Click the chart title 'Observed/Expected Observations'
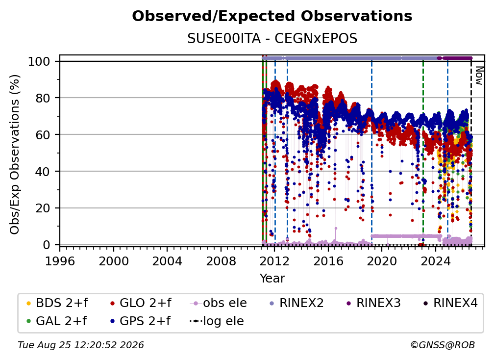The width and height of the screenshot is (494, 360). point(272,16)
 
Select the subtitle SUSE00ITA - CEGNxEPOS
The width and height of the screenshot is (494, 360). point(272,39)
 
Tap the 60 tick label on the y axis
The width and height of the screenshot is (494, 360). point(43,135)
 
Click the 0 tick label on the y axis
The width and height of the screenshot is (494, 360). point(47,245)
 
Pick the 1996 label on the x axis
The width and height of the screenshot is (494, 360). point(60,261)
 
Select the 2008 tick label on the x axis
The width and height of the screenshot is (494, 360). point(221,261)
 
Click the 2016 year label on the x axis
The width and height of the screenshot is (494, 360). point(328,261)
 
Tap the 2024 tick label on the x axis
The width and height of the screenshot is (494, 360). point(435,261)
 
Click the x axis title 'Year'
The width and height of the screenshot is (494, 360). point(272,279)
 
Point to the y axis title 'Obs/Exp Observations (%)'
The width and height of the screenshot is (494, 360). point(15,154)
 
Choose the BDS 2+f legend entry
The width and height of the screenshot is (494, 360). point(57,303)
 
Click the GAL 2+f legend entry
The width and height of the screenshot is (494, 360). point(56,321)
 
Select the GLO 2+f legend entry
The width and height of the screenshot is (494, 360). point(141,303)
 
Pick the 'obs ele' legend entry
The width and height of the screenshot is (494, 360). point(219,303)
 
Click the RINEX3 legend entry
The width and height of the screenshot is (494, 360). point(373,303)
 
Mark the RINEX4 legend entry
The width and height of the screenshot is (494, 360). point(450,303)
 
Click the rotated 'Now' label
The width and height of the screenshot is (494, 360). point(479,76)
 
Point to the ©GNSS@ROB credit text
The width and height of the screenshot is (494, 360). point(443,345)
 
